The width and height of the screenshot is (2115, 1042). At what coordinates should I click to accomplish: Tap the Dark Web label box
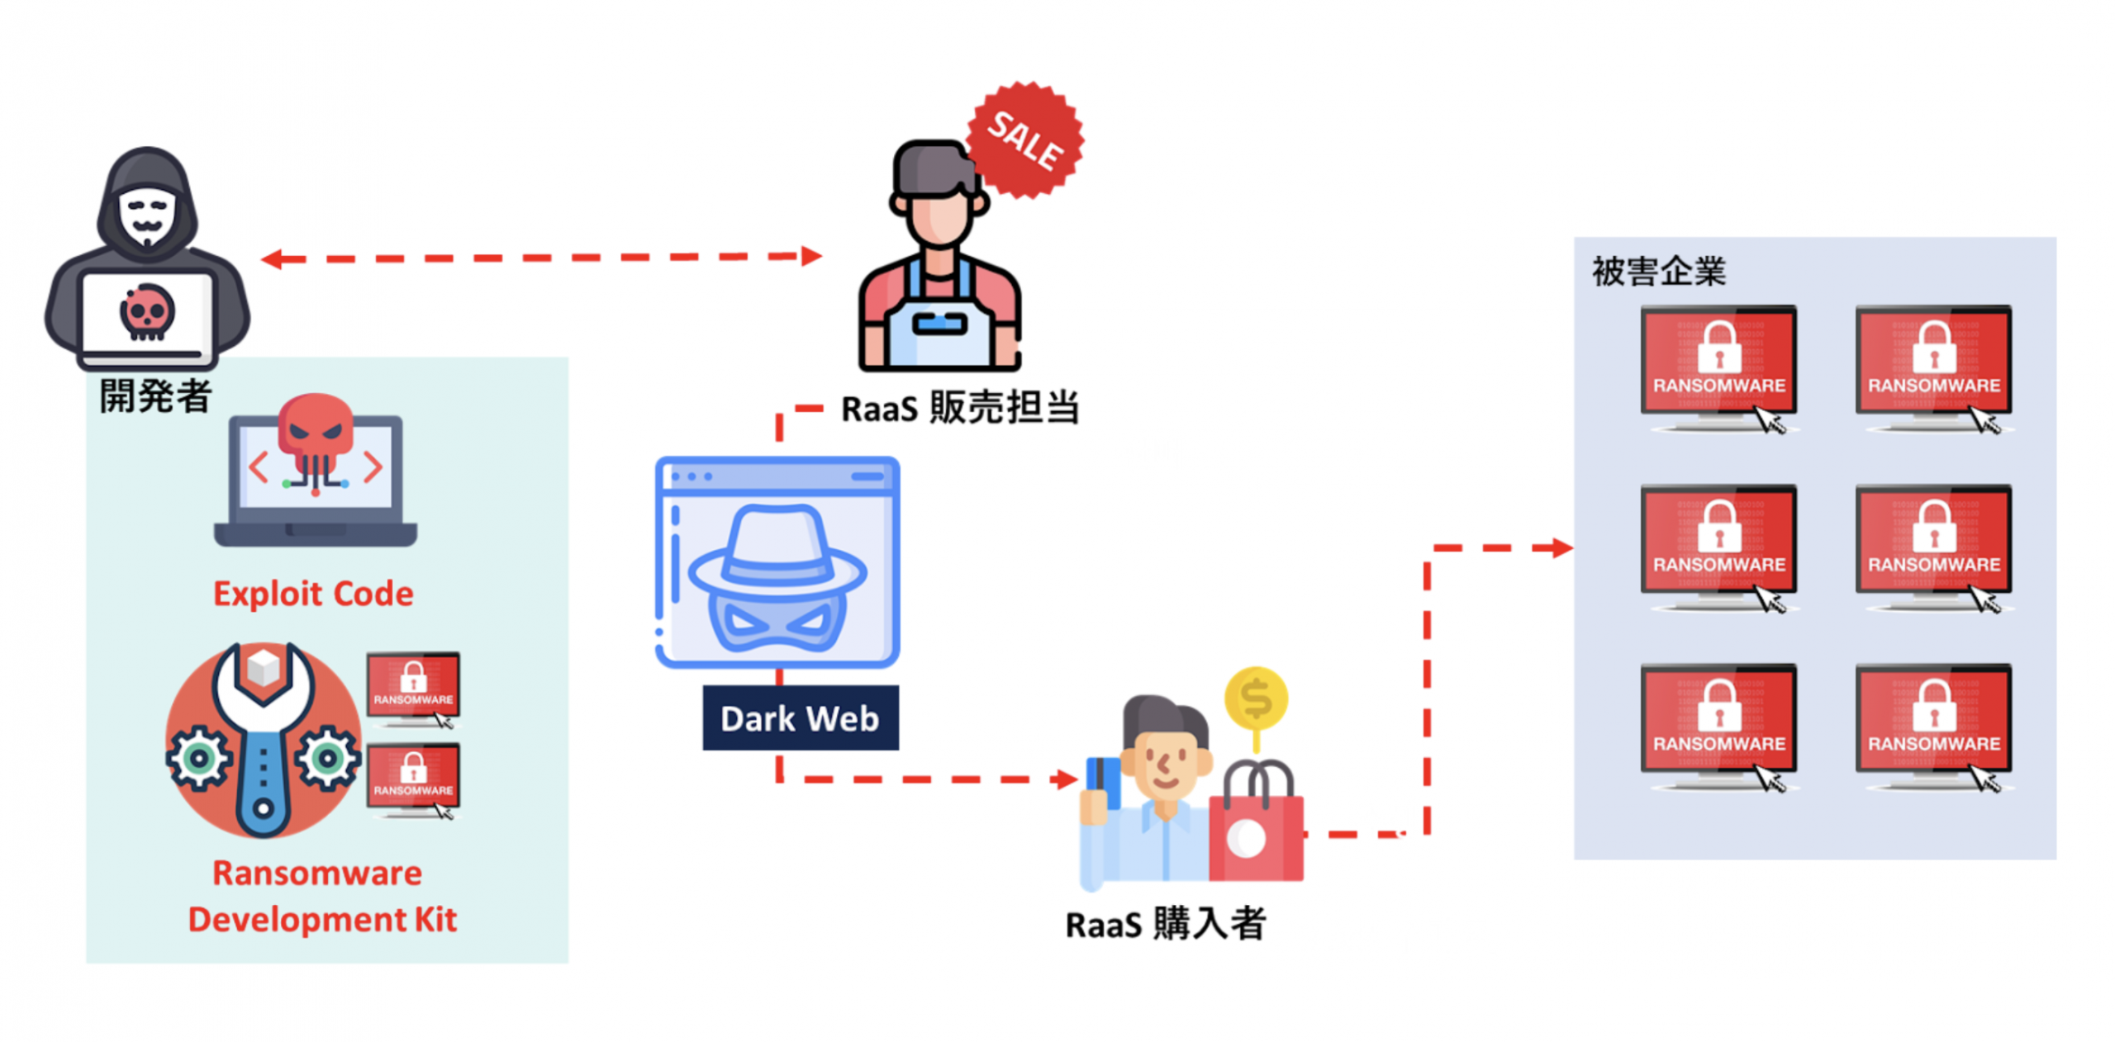tap(799, 717)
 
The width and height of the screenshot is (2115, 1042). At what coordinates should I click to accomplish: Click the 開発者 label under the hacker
tap(155, 395)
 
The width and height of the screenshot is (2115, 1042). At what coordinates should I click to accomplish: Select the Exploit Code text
tap(313, 593)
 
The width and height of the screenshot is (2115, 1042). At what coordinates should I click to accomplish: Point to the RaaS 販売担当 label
tap(959, 407)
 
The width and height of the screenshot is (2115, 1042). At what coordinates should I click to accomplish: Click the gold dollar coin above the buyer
tap(1254, 699)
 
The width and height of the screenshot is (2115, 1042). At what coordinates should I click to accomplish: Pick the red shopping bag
tap(1254, 834)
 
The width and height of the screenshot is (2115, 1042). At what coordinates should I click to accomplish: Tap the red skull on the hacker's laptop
tap(147, 311)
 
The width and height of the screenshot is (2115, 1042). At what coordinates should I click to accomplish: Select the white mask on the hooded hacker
tap(147, 216)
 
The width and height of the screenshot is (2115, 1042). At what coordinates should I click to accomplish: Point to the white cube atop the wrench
tap(264, 665)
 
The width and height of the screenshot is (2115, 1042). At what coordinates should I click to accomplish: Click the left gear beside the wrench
tap(198, 757)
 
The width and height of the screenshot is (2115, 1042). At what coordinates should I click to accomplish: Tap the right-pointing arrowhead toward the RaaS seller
tap(811, 256)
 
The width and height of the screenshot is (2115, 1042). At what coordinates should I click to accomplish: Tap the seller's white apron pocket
tap(939, 324)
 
